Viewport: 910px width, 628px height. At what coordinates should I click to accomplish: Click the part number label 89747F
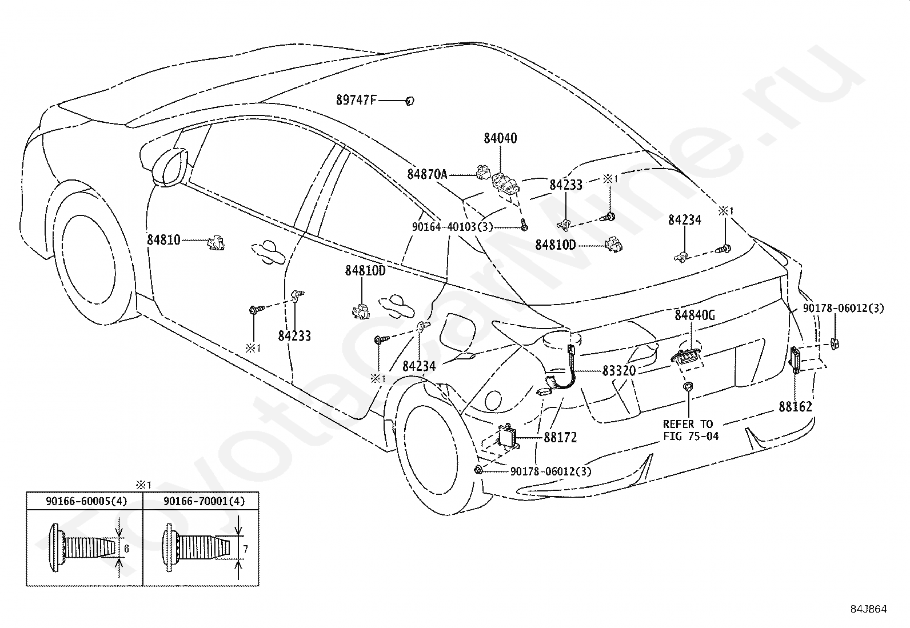point(356,100)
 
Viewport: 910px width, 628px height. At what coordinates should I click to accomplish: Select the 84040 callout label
point(500,138)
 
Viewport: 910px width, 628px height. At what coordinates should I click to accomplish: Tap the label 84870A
point(427,174)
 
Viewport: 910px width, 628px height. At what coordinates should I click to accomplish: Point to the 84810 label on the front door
point(163,240)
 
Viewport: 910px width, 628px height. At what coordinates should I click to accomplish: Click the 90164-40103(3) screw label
point(452,227)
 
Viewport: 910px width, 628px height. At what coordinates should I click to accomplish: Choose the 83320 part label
point(618,370)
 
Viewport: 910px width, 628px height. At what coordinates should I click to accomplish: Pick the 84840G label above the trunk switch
point(695,315)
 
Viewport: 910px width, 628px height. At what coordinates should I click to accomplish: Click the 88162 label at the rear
point(795,407)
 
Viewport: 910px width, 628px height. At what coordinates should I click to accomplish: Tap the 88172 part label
point(560,438)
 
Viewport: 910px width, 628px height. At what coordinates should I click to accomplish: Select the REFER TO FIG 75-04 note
point(691,430)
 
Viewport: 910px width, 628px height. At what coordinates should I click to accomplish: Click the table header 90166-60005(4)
point(86,501)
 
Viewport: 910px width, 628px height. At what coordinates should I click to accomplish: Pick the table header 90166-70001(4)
point(204,501)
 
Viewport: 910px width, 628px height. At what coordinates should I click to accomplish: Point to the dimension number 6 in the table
point(126,549)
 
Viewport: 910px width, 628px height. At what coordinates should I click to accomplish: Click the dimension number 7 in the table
point(245,549)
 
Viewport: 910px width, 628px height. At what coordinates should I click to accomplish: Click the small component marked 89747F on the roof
point(410,101)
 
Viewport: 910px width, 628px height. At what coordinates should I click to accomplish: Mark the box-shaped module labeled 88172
point(509,438)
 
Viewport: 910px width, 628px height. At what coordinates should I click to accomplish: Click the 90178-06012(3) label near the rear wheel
point(551,471)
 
